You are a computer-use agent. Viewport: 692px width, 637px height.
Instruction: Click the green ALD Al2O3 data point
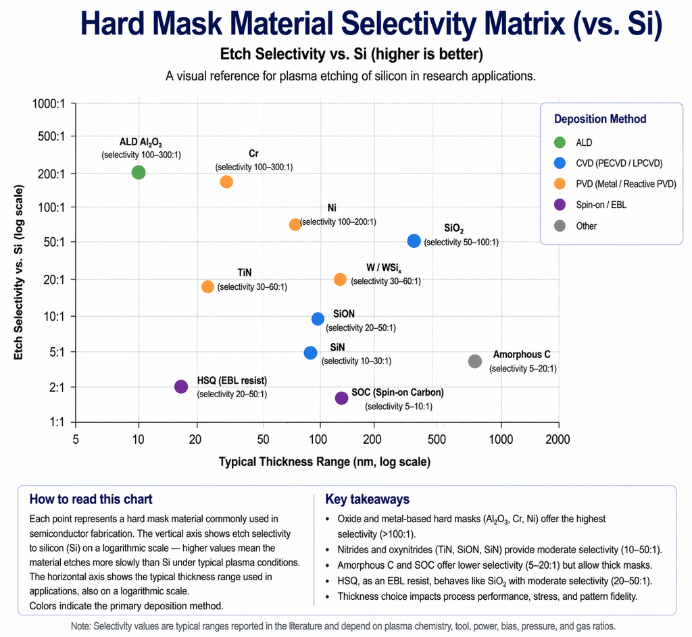(139, 172)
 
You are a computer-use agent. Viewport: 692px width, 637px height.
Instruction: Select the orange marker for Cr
(226, 182)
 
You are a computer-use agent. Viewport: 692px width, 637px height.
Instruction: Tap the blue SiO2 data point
(414, 240)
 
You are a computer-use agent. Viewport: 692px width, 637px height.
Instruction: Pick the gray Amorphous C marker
(475, 361)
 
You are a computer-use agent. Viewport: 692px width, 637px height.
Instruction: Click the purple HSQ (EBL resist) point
(180, 386)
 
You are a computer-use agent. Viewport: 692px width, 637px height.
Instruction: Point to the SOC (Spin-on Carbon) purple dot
(341, 398)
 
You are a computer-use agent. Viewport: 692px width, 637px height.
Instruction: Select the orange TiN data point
(207, 286)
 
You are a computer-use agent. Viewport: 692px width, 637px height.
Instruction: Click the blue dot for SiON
(318, 319)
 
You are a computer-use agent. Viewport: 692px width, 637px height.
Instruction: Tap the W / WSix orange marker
(340, 280)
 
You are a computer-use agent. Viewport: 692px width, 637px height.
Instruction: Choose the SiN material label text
(337, 347)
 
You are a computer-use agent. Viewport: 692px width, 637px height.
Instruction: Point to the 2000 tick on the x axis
(558, 439)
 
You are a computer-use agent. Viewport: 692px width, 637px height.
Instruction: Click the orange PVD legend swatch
(559, 184)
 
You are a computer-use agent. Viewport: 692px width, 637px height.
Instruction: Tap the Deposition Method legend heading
(600, 119)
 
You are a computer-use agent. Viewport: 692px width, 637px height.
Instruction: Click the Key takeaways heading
(367, 500)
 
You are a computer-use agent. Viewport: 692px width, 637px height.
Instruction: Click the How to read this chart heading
(91, 499)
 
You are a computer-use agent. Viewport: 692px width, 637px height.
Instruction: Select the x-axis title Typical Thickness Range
(324, 463)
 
